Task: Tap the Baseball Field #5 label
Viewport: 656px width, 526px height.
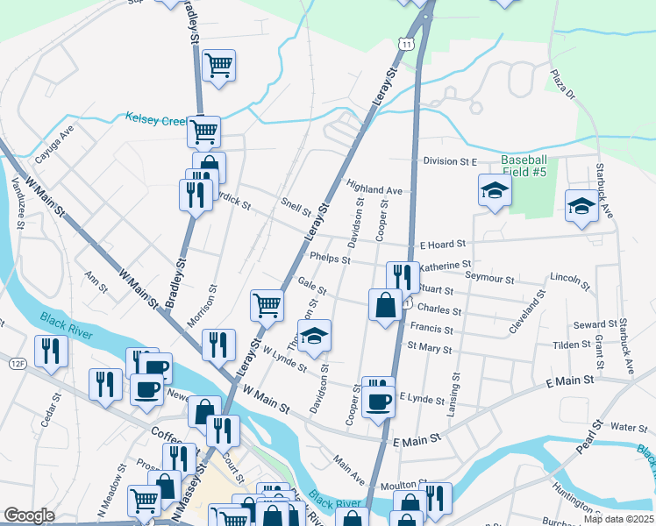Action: (x=524, y=166)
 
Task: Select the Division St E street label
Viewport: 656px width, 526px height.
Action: (x=449, y=161)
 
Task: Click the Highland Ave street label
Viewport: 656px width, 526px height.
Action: (x=374, y=188)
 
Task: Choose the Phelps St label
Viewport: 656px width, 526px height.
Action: (x=331, y=259)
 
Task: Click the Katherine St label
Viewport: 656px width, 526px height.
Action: (x=446, y=264)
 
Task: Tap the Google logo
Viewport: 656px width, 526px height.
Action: (x=29, y=515)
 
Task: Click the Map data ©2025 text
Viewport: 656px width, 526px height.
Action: (x=618, y=519)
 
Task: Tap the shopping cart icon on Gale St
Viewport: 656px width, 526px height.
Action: (x=267, y=306)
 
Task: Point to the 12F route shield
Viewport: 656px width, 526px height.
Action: (x=18, y=362)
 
